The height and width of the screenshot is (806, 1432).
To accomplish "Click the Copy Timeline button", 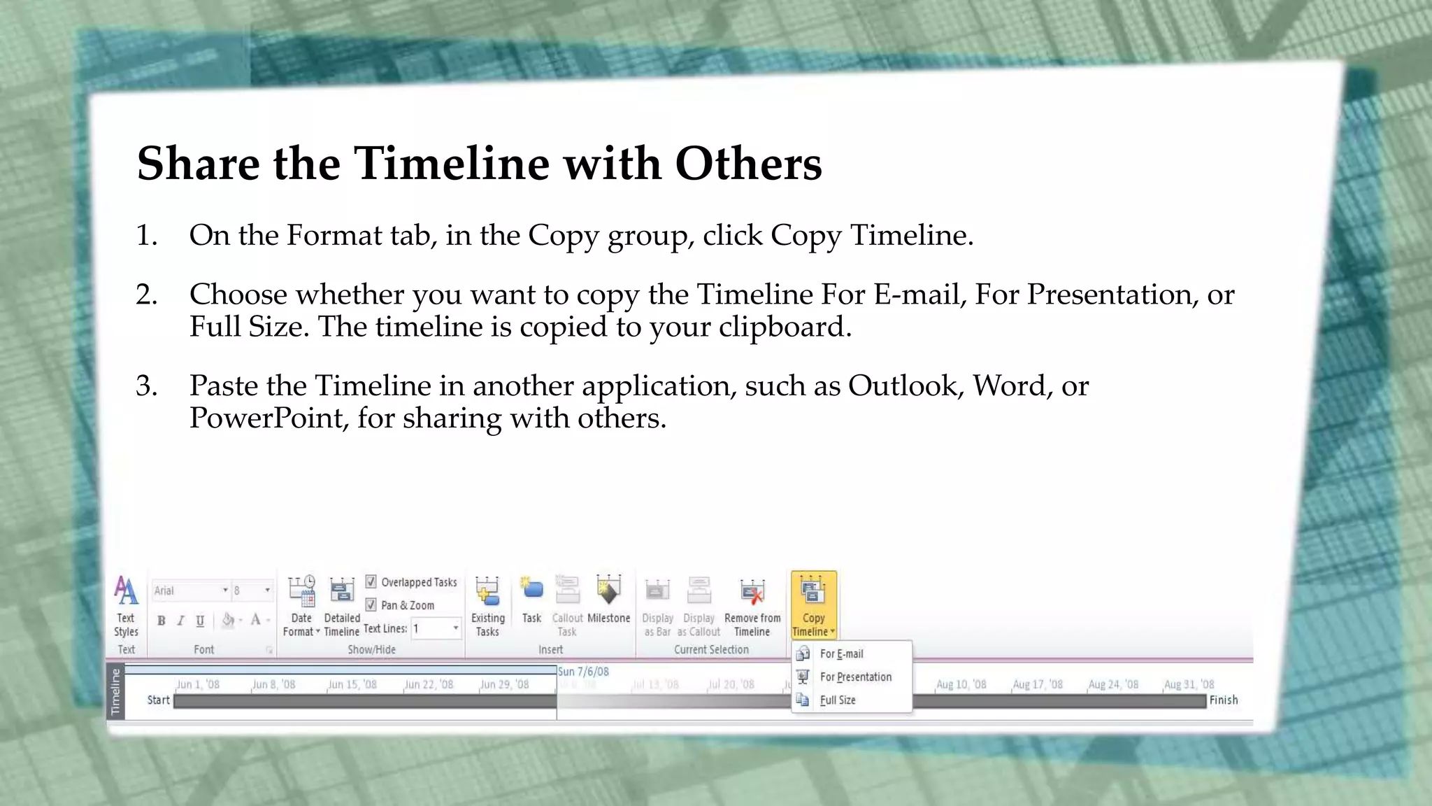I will [x=813, y=605].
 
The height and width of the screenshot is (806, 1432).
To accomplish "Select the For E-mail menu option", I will [x=841, y=653].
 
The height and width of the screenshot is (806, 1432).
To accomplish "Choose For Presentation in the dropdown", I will [x=855, y=677].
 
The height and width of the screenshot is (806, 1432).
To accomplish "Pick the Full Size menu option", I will [x=838, y=700].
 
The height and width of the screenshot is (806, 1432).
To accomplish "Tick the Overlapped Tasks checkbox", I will [x=371, y=581].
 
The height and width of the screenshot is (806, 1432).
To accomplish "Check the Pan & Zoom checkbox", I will [x=371, y=604].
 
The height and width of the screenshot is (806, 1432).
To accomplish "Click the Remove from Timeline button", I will [x=752, y=606].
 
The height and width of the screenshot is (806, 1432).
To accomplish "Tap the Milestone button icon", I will [x=608, y=591].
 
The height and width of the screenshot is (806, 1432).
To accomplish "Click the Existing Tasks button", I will [x=487, y=606].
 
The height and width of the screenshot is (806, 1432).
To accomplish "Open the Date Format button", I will [x=301, y=606].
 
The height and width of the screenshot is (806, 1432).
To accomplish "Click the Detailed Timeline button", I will [x=341, y=606].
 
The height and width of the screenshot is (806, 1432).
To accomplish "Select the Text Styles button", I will [x=126, y=606].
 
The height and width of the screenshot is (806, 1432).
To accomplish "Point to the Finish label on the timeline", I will [x=1223, y=700].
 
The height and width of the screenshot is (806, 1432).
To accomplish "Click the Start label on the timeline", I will [x=158, y=700].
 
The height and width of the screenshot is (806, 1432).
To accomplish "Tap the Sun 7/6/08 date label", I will [x=583, y=671].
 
